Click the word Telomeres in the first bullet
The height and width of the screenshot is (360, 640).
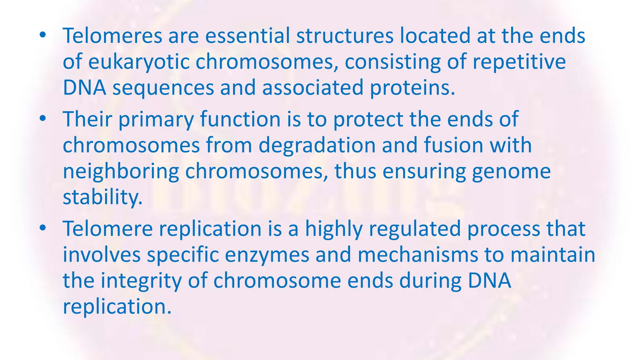coord(112,36)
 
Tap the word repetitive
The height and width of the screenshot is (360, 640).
coord(519,62)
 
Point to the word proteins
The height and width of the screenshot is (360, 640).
coord(412,88)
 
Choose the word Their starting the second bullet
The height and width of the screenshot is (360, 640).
coord(87,119)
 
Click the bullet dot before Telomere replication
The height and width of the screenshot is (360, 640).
coord(43,228)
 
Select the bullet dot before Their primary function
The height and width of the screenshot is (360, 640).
coord(43,119)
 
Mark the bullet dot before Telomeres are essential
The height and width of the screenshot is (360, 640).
coord(43,35)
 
